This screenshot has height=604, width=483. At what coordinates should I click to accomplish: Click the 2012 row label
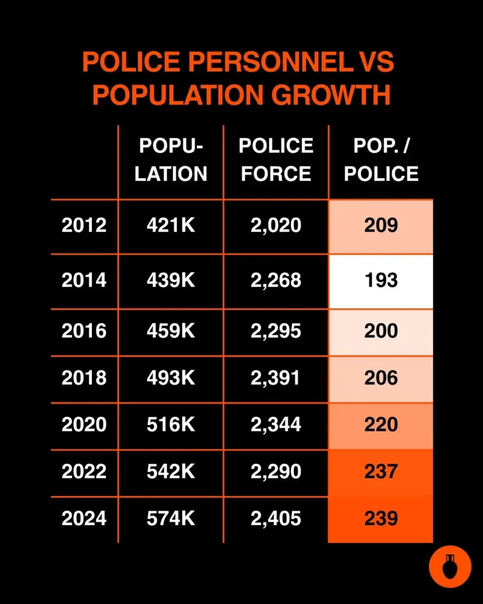pos(84,225)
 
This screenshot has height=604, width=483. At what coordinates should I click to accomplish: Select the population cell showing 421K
pos(171,225)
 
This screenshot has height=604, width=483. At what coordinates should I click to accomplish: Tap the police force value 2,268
pos(276,280)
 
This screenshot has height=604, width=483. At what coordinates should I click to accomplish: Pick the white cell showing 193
pos(381,280)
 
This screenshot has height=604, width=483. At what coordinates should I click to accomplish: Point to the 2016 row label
pos(84,331)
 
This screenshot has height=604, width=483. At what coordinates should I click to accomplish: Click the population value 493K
pos(171,377)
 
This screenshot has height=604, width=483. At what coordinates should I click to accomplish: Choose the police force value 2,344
pos(276,425)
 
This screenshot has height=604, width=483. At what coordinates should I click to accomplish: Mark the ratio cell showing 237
pos(381,471)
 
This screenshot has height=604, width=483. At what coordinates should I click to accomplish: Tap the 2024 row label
pos(84,518)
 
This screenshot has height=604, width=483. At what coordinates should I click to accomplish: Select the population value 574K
pos(171,518)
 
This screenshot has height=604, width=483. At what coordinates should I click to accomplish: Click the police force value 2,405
pos(276,518)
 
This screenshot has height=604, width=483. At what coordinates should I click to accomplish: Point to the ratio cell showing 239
pos(381,518)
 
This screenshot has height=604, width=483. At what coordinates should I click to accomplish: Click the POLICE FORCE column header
pos(276,160)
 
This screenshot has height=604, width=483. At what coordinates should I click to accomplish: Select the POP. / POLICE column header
pos(381,160)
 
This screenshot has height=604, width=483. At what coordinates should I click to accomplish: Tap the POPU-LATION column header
pos(171,160)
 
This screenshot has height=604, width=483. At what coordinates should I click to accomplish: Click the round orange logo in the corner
pos(450,567)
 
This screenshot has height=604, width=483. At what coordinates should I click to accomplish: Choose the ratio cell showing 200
pos(381,331)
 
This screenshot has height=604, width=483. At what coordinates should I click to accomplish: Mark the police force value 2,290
pos(276,471)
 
